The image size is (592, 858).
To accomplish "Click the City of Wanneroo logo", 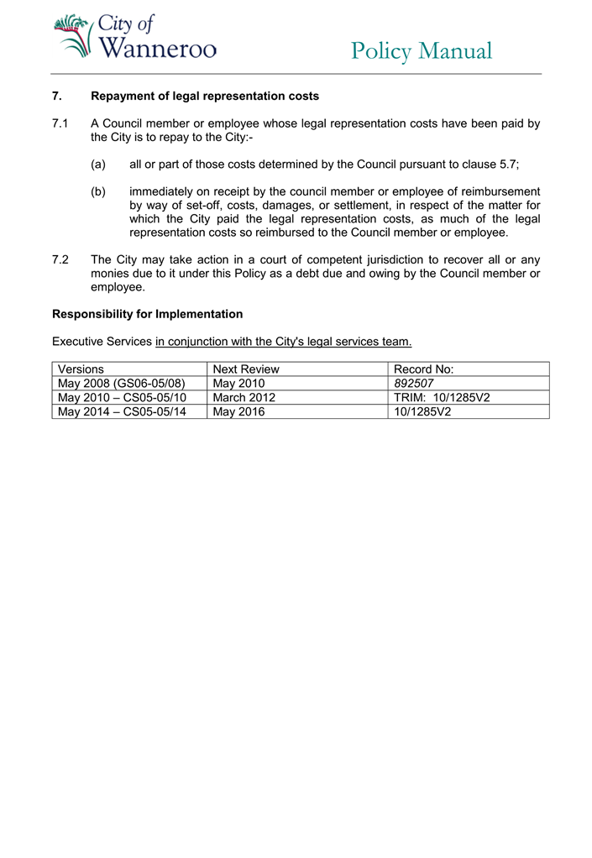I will point(134,37).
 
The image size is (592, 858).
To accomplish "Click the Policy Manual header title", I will point(421,51).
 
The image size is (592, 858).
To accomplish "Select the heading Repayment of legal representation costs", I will point(205,97).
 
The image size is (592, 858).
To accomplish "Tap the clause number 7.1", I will point(60,123).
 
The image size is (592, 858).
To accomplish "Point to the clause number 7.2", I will point(60,259).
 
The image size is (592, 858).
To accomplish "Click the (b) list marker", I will point(98,191).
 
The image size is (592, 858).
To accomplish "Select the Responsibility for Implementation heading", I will point(148,314).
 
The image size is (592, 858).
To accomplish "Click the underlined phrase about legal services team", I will point(284,342).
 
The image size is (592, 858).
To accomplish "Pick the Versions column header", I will point(81,369).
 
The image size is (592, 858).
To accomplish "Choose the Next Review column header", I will point(246,369).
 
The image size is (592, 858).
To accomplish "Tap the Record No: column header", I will point(424,369).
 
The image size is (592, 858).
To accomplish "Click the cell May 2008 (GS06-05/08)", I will point(122,384).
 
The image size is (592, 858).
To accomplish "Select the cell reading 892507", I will point(414,384).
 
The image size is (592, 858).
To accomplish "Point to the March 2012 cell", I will point(244,398).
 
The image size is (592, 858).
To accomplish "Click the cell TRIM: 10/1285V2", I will point(442,398).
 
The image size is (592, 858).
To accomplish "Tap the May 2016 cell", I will point(238,412).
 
